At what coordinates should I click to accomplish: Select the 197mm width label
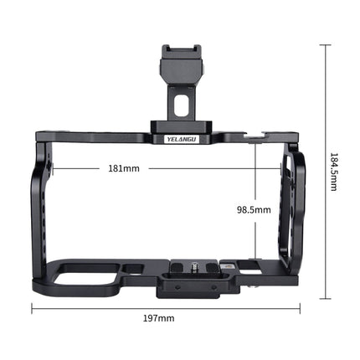[x=164, y=319]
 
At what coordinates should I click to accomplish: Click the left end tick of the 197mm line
[x=32, y=307]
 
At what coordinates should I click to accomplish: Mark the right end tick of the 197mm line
[x=298, y=307]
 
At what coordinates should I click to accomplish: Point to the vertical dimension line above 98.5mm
[x=254, y=172]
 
